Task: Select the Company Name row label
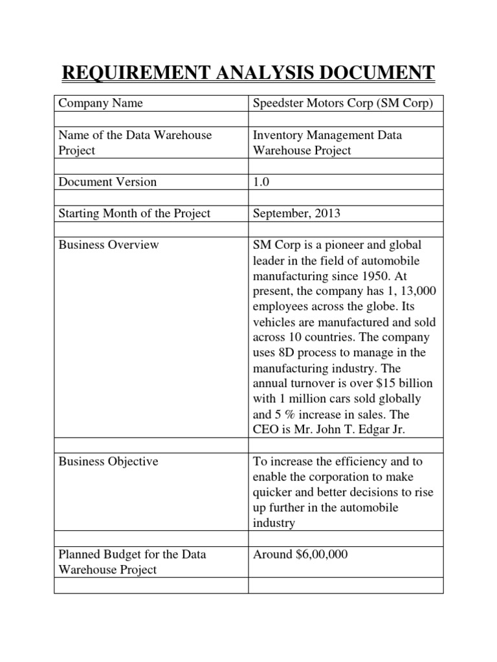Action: click(100, 103)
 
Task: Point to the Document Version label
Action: click(107, 182)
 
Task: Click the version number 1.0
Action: click(261, 182)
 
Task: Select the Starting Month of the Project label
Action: click(134, 213)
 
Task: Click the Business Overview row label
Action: click(108, 245)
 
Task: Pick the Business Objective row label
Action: click(108, 462)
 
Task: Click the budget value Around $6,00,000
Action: click(300, 555)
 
